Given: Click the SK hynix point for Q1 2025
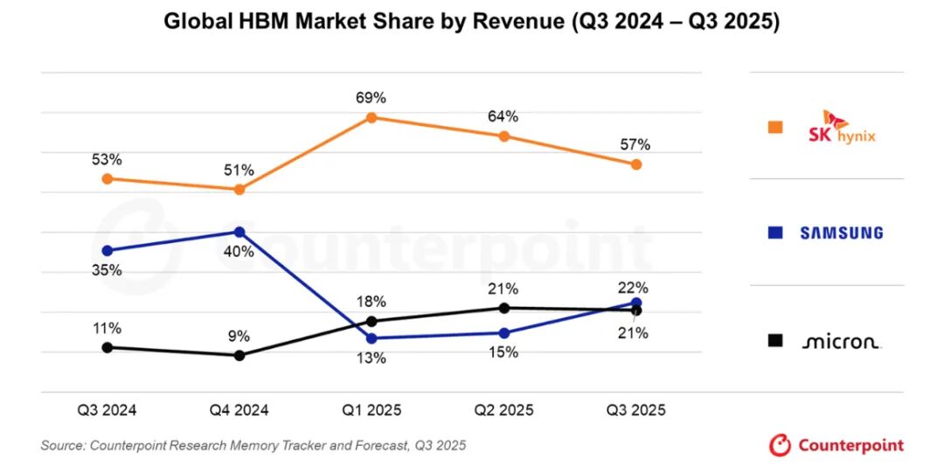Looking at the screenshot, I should (x=371, y=117).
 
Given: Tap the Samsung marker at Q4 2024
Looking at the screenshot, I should (x=239, y=232).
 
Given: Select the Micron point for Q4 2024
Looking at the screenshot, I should (x=239, y=355).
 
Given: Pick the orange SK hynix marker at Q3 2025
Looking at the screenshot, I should (x=636, y=164).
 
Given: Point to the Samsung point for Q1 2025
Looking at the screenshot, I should (x=371, y=338).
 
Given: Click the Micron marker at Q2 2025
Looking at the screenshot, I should (x=503, y=308).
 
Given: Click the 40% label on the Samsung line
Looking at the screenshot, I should (x=239, y=252).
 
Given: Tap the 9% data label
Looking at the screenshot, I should (x=239, y=336).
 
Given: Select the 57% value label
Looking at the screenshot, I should (x=636, y=145).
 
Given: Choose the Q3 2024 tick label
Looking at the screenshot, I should (x=108, y=409).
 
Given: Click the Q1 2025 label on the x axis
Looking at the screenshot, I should (x=371, y=409).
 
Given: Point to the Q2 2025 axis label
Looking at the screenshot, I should (x=503, y=409).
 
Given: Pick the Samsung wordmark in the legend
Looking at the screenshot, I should (x=841, y=233).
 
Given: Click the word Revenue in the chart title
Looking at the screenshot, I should (x=517, y=22).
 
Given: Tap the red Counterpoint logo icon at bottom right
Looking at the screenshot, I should (x=780, y=445).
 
